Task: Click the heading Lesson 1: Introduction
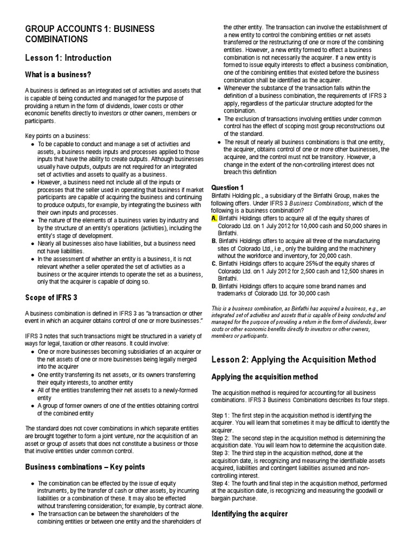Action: (68, 58)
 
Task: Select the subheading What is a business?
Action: (58, 74)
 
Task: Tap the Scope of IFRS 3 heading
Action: (57, 297)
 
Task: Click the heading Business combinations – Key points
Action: (85, 466)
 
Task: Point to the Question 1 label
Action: (227, 187)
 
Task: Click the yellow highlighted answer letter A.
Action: (214, 218)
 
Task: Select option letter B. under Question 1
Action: (214, 241)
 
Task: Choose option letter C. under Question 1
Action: (214, 263)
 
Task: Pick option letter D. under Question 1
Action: (214, 286)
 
